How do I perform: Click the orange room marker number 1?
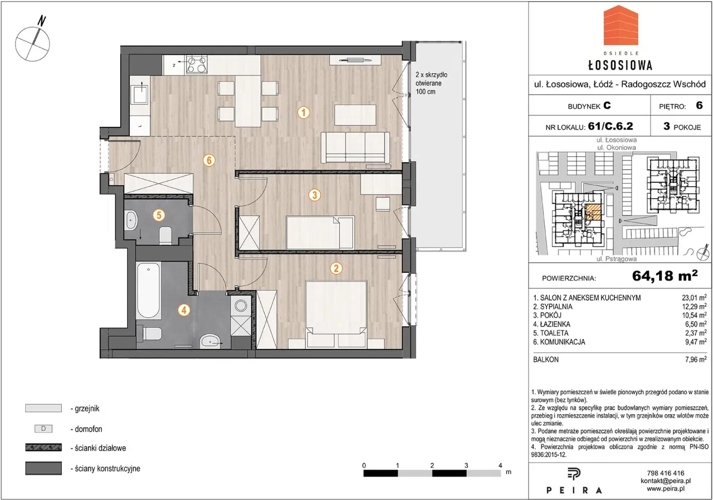click(304, 112)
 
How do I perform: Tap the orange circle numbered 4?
click(184, 310)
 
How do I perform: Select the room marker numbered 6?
click(209, 160)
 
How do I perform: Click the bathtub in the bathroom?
click(148, 290)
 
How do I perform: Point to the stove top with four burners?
click(197, 65)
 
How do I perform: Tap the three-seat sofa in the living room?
click(355, 148)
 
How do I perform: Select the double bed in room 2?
click(336, 314)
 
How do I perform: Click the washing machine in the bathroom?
click(241, 306)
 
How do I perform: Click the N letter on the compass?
click(41, 21)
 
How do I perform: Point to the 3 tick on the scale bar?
click(466, 465)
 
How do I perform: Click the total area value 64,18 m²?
click(665, 276)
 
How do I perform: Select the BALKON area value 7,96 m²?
click(696, 360)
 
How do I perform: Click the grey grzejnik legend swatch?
click(43, 408)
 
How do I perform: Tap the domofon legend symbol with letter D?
click(43, 429)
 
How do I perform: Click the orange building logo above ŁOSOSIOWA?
click(621, 30)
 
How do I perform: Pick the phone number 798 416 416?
click(666, 473)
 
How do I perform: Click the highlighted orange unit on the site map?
click(593, 213)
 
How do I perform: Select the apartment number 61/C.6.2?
click(611, 126)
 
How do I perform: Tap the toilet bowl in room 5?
click(165, 235)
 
